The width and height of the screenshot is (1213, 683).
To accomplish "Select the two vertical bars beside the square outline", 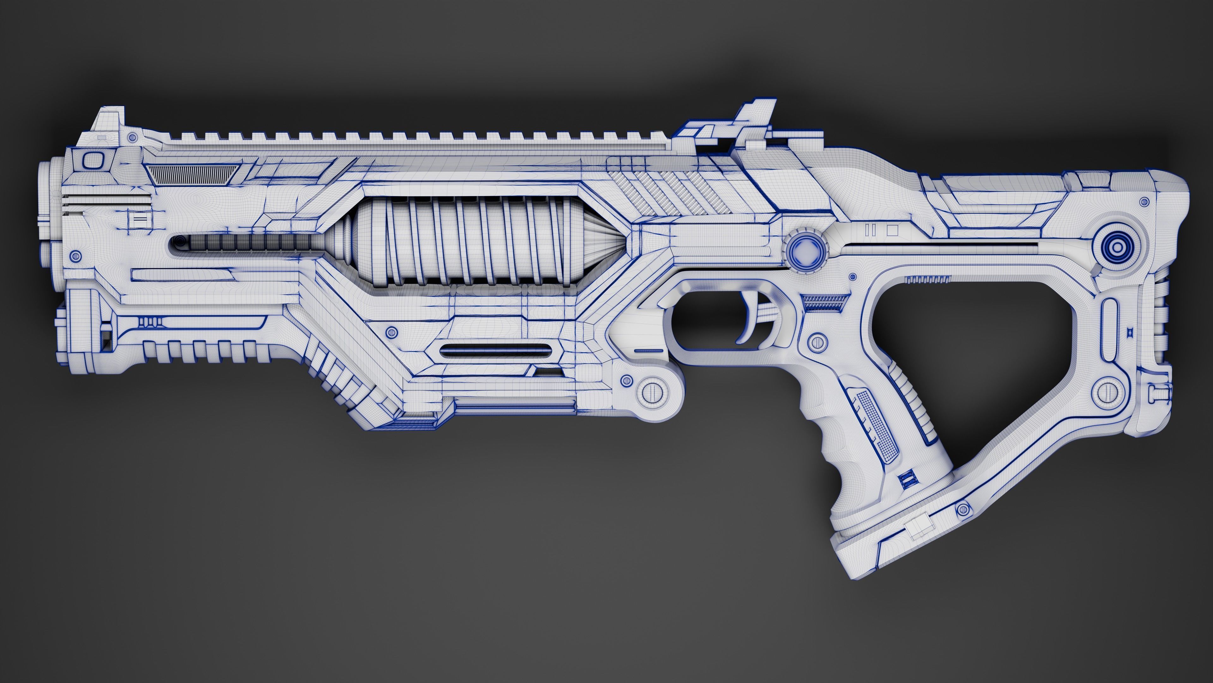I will point(870,231).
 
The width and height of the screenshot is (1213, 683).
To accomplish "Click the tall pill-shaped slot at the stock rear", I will point(1110,329).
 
